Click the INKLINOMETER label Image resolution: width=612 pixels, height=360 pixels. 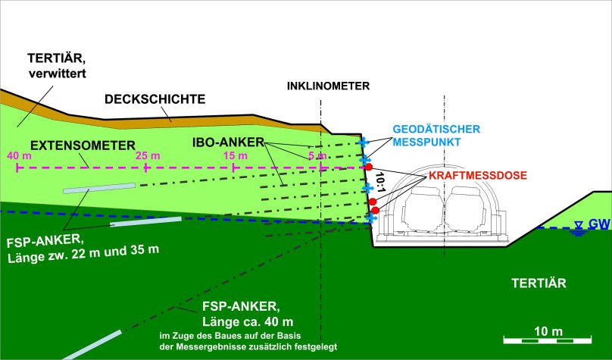click(328, 86)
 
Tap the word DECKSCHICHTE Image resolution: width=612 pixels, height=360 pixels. click(155, 99)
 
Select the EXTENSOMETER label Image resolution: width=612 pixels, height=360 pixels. click(83, 146)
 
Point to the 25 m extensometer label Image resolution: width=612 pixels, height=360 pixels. click(148, 156)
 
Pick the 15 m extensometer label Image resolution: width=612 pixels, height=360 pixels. click(236, 156)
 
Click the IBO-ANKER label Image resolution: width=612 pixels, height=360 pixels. click(228, 142)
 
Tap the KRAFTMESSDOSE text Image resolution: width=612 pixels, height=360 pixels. click(478, 175)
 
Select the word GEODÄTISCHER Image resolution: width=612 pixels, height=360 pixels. click(436, 130)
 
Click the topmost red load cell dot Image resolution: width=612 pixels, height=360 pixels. click(368, 167)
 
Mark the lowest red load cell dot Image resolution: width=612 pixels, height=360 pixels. click(375, 211)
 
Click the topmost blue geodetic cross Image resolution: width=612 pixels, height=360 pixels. click(364, 142)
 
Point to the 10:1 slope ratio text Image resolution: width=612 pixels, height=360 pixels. click(380, 183)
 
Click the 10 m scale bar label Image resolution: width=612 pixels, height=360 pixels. click(548, 331)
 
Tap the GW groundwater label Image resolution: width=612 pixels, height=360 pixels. click(599, 224)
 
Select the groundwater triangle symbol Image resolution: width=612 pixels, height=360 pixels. click(579, 224)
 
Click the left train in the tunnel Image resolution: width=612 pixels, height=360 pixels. click(423, 208)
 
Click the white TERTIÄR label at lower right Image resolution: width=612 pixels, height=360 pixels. click(539, 283)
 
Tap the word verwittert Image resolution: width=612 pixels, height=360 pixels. click(58, 73)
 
